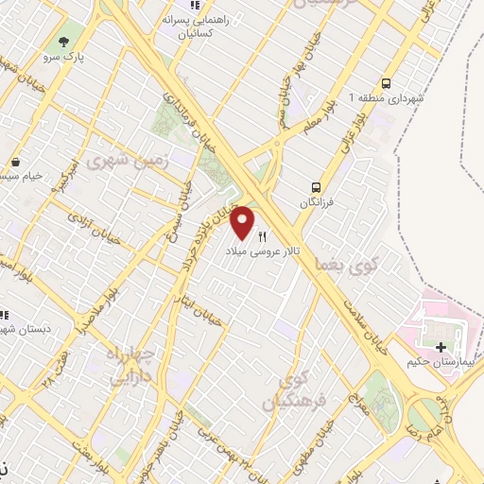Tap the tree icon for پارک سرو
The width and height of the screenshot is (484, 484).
point(63,42)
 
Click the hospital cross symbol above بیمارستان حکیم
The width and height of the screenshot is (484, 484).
point(441,347)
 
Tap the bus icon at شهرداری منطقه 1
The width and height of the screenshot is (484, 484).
point(386,82)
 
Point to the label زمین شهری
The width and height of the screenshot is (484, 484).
point(128,162)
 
